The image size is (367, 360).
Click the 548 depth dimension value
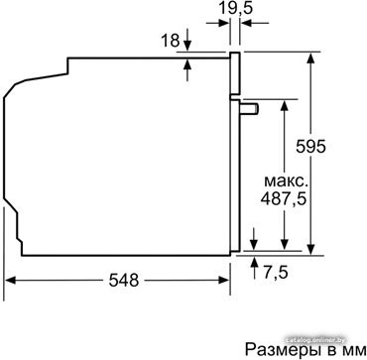[123, 281]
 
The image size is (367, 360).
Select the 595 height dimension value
[310, 147]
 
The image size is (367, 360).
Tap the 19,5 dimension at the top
[236, 8]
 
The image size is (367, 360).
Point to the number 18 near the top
[170, 41]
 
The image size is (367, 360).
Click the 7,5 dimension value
[275, 272]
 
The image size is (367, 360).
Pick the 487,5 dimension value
[283, 199]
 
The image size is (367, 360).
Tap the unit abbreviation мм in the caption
[355, 350]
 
